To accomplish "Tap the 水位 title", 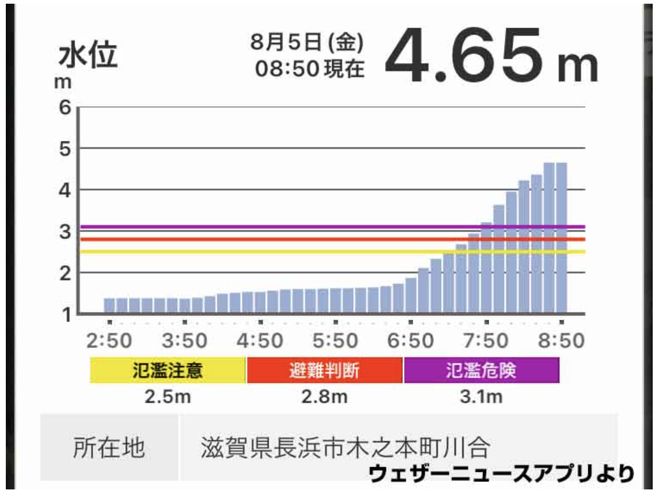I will [x=88, y=57].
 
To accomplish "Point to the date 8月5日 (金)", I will [x=307, y=43].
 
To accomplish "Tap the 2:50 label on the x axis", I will [x=109, y=341].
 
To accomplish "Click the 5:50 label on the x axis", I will [x=335, y=341].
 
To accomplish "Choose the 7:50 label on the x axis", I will [x=486, y=341].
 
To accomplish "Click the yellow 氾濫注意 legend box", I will [x=168, y=370].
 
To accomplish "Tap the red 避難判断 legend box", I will [x=324, y=370].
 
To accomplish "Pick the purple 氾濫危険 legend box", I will [x=481, y=370].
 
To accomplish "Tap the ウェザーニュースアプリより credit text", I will [x=500, y=474].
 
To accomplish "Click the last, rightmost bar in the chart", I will [x=561, y=238].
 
